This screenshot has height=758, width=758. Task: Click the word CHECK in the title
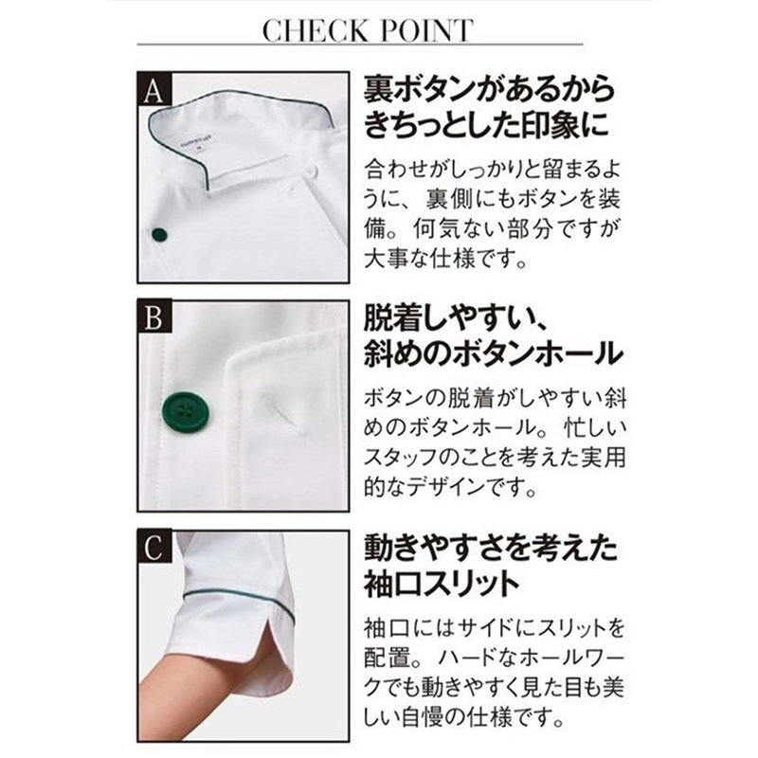315,31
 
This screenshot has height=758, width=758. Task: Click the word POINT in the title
426,31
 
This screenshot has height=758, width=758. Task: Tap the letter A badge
154,89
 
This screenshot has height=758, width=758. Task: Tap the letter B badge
154,317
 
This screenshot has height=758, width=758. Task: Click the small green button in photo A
159,235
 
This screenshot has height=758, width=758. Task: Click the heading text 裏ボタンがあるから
489,90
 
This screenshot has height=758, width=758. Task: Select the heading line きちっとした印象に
486,124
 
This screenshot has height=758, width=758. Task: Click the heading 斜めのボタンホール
493,352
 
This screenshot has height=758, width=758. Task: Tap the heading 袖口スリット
442,584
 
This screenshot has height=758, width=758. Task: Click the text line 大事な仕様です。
445,259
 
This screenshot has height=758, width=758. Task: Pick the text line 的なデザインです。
450,487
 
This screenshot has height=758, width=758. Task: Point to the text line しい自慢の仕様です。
464,716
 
